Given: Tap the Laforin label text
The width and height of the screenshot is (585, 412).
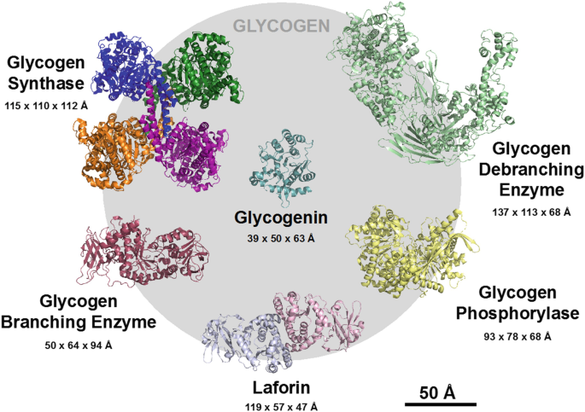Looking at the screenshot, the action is pos(284,388).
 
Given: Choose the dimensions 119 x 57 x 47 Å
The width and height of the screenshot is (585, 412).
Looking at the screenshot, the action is pos(284,406).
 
